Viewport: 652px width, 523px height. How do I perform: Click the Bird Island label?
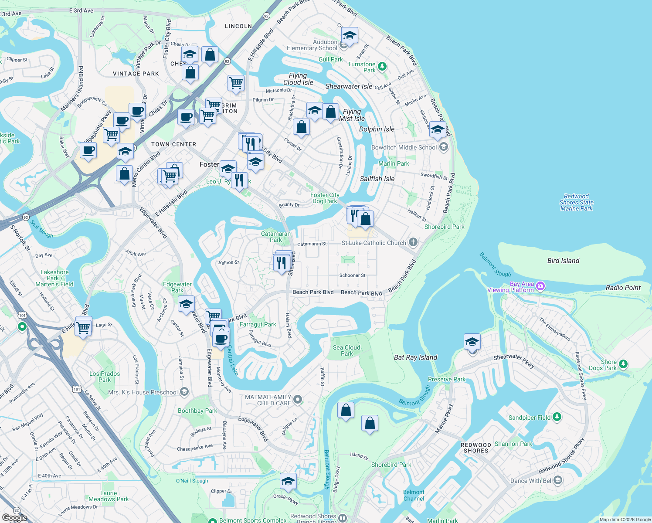tap(563, 261)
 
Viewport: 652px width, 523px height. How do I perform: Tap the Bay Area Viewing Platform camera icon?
tap(540, 286)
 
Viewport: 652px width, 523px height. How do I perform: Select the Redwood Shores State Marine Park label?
tap(576, 203)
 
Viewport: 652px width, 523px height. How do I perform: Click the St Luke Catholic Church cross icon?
tap(413, 242)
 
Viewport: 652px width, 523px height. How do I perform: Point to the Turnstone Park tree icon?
tap(382, 67)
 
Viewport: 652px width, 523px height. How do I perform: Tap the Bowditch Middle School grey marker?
tap(444, 147)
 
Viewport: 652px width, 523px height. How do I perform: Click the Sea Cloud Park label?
tap(346, 350)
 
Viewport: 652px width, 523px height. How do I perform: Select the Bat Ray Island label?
tap(415, 357)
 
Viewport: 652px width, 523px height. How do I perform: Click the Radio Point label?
tap(623, 288)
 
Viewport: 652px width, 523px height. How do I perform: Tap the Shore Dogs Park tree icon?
tap(623, 364)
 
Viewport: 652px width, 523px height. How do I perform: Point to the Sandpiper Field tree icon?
tap(557, 417)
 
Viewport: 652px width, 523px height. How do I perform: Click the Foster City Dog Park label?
tap(325, 198)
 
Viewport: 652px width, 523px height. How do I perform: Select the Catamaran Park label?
tap(275, 237)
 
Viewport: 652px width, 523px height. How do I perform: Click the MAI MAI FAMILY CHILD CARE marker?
tap(298, 399)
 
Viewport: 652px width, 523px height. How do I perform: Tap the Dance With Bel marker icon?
tap(558, 480)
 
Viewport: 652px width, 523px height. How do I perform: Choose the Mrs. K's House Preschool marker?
tap(184, 392)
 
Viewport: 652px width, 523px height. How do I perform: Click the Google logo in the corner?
tap(14, 517)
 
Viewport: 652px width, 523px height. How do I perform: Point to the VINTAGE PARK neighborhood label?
tap(136, 74)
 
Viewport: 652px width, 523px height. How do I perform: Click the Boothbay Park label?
tap(197, 411)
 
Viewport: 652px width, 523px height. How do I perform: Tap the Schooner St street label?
tap(352, 275)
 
